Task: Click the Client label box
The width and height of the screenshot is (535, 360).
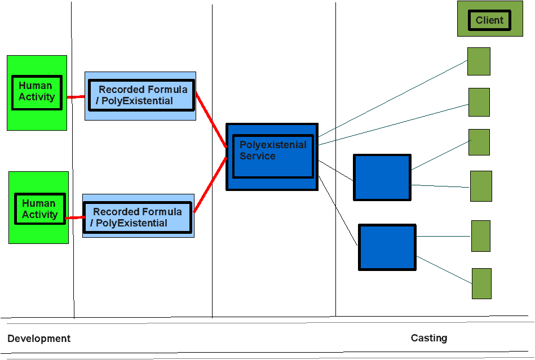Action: click(490, 20)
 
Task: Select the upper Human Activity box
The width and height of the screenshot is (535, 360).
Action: click(37, 92)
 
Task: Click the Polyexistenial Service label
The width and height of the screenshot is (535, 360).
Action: click(273, 150)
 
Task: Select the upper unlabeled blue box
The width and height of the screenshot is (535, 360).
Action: click(382, 177)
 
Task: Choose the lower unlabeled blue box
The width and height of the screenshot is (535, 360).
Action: click(387, 247)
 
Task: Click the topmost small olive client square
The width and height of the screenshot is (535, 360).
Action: click(479, 61)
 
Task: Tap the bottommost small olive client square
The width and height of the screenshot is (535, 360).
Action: click(482, 283)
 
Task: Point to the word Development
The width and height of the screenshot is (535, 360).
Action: click(39, 339)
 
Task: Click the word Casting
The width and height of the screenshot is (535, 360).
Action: click(429, 338)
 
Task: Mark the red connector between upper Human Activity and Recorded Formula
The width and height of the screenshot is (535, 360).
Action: click(76, 97)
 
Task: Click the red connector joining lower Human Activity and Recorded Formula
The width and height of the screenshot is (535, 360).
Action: click(75, 217)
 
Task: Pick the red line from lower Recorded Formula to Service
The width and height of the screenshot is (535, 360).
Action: click(210, 184)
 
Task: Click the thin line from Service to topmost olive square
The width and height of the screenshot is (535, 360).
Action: click(393, 99)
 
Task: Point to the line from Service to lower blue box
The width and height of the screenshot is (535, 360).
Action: click(338, 210)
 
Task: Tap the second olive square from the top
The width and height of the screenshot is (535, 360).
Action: click(479, 103)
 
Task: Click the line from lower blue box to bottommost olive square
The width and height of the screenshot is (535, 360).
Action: click(444, 270)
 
